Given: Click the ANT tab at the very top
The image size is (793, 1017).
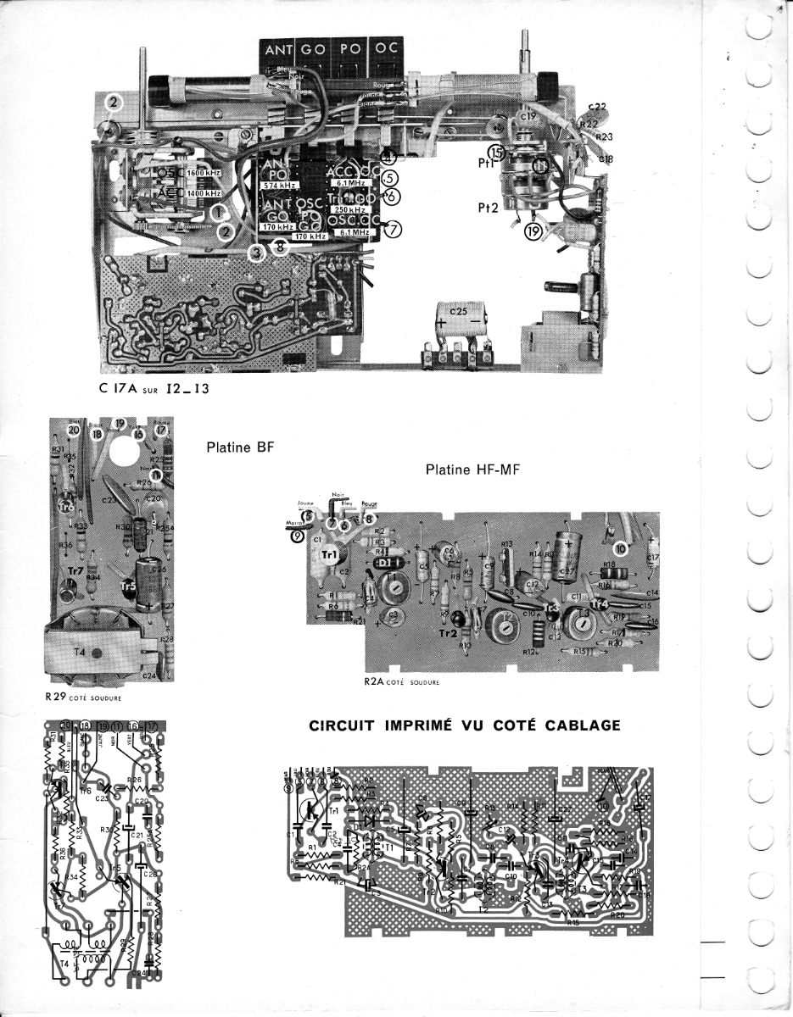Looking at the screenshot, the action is [x=278, y=51].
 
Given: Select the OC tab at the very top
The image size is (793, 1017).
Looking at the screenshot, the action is [x=386, y=48].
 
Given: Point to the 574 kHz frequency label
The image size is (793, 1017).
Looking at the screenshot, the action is [x=277, y=186].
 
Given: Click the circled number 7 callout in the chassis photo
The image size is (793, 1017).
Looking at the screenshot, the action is [x=394, y=229].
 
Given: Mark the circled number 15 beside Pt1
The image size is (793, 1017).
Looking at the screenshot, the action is [x=496, y=152].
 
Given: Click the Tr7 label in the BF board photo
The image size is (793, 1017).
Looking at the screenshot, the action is [x=75, y=572].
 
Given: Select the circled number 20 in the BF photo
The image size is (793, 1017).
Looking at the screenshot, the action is [x=75, y=430].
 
